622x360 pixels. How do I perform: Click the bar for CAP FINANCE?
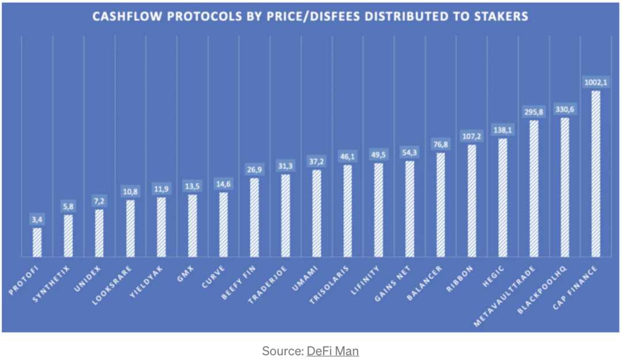[596, 173]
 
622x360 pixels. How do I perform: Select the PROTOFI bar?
[37, 242]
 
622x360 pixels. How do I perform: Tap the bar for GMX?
[192, 225]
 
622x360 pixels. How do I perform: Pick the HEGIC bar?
[503, 198]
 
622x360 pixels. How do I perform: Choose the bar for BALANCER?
[441, 204]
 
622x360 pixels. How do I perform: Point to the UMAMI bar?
[316, 213]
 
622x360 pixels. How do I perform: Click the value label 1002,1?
[596, 82]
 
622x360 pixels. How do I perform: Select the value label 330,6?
[565, 109]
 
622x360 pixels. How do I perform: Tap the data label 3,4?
[37, 219]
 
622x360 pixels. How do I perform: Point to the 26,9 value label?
[255, 169]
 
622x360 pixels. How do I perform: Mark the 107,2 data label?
[472, 136]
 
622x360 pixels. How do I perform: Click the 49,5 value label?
[378, 154]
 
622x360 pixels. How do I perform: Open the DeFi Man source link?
[332, 351]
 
